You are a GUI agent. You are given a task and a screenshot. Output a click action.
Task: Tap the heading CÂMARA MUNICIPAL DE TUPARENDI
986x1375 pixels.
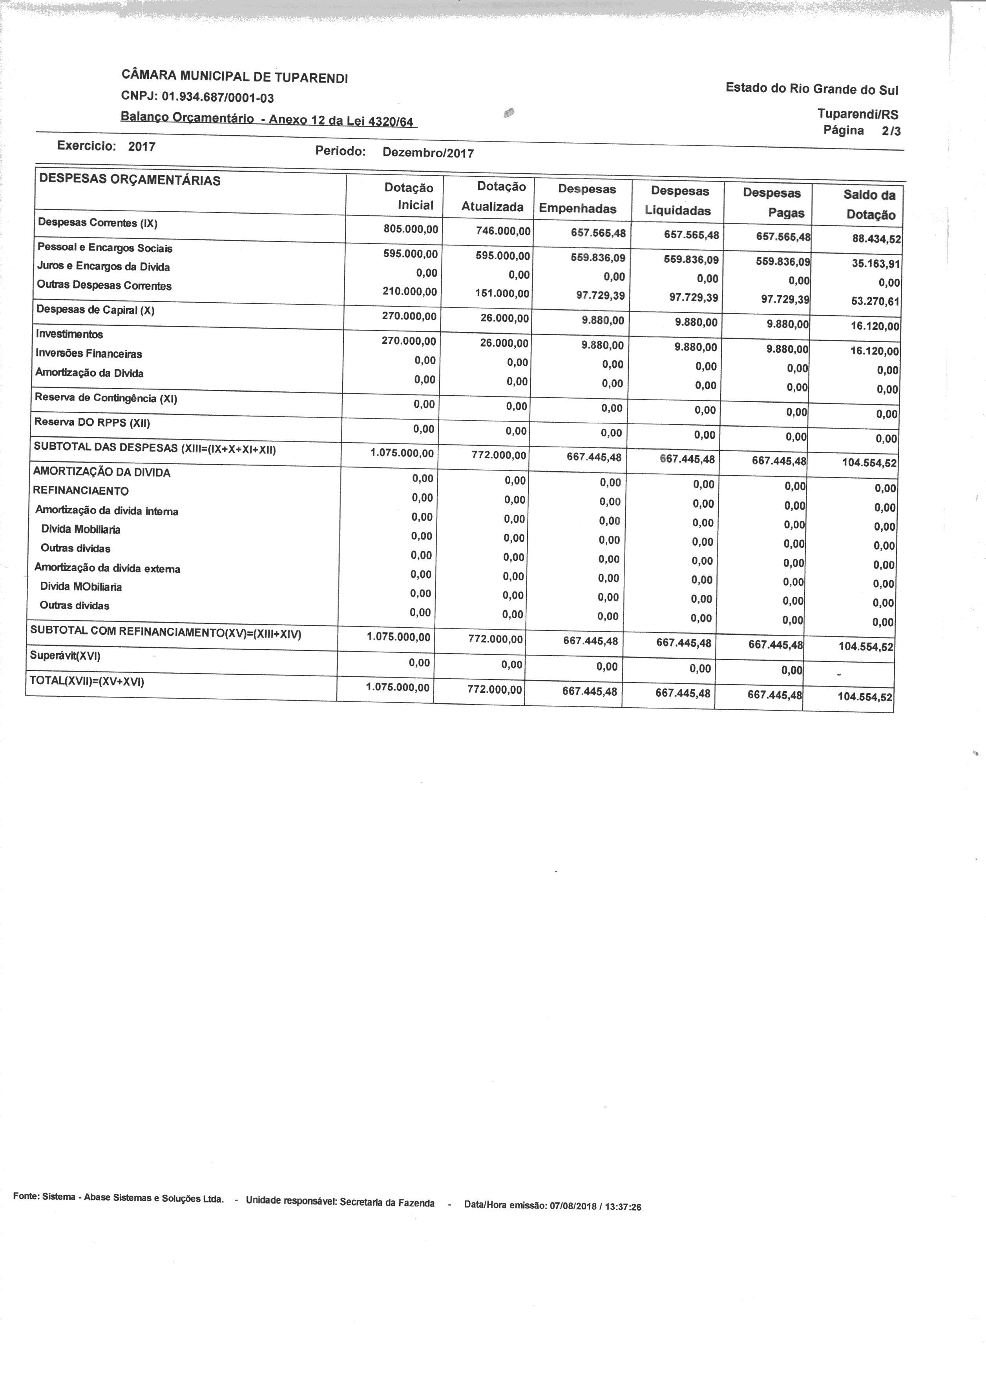(235, 76)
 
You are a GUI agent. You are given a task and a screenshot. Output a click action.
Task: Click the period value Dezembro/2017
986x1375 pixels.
(428, 153)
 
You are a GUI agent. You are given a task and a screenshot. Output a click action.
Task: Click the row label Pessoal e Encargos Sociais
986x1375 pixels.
(105, 248)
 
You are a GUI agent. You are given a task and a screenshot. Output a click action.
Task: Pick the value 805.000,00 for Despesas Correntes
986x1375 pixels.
(410, 230)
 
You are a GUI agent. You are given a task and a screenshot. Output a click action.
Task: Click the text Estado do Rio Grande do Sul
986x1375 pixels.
(812, 89)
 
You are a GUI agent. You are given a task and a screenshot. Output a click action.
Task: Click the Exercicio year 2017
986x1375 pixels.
(142, 147)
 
